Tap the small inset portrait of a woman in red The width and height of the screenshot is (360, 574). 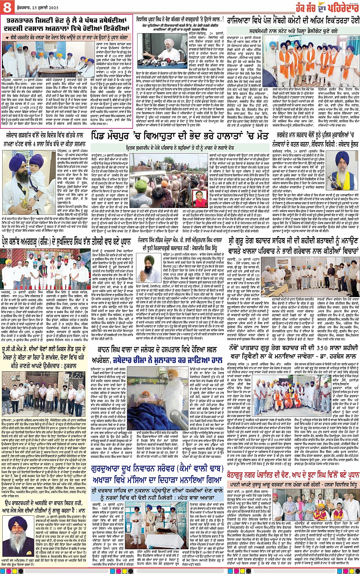tap(200, 198)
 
